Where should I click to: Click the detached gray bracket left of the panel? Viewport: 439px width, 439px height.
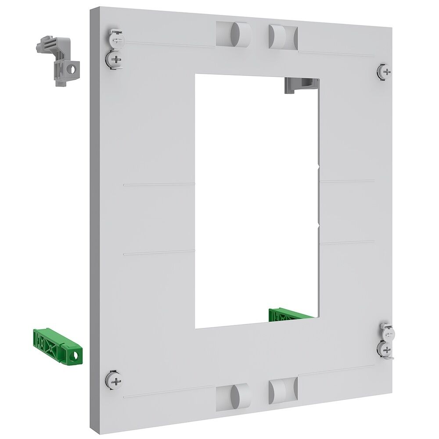[x=58, y=61]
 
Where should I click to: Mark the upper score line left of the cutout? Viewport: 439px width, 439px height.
[x=159, y=184]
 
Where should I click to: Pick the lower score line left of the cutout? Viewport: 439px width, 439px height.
[x=159, y=253]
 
